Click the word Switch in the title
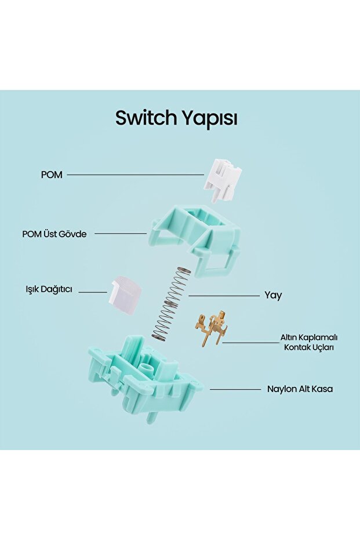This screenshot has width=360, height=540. pyautogui.click(x=146, y=118)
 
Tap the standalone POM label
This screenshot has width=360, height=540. pyautogui.click(x=52, y=175)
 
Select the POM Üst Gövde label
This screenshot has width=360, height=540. pyautogui.click(x=54, y=234)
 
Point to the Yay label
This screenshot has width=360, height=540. pyautogui.click(x=273, y=295)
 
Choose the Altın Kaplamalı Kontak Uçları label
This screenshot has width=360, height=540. pyautogui.click(x=310, y=342)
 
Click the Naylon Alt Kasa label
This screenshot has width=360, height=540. pyautogui.click(x=300, y=389)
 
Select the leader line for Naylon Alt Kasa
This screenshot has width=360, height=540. pyautogui.click(x=235, y=389)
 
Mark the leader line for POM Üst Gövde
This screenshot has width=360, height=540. pyautogui.click(x=120, y=234)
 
